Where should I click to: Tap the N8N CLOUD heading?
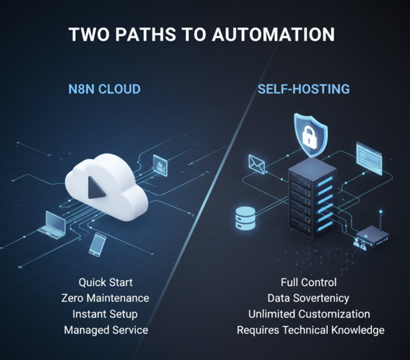pos(104,89)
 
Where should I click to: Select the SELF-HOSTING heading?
pos(303,89)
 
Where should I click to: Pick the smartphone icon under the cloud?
pos(97,243)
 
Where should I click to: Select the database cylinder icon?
pos(245,216)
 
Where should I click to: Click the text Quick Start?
pos(105,282)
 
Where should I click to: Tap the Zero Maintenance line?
pos(105,298)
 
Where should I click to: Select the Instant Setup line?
pos(105,314)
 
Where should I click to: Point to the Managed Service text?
pos(106,330)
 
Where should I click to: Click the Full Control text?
pos(309,282)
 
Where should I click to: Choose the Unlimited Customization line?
pos(309,314)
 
